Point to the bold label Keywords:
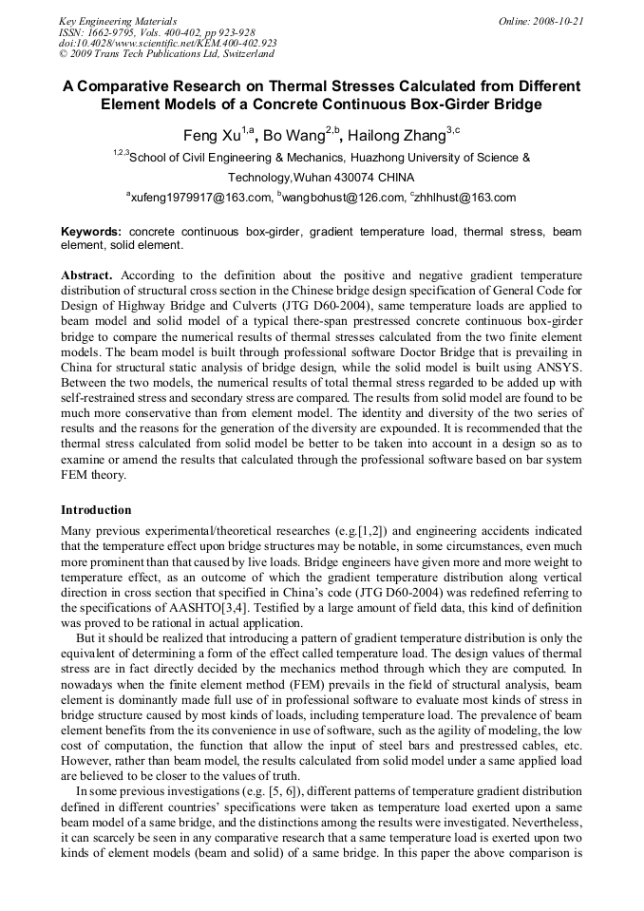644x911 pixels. tap(91, 232)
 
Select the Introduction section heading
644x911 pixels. tap(96, 510)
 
